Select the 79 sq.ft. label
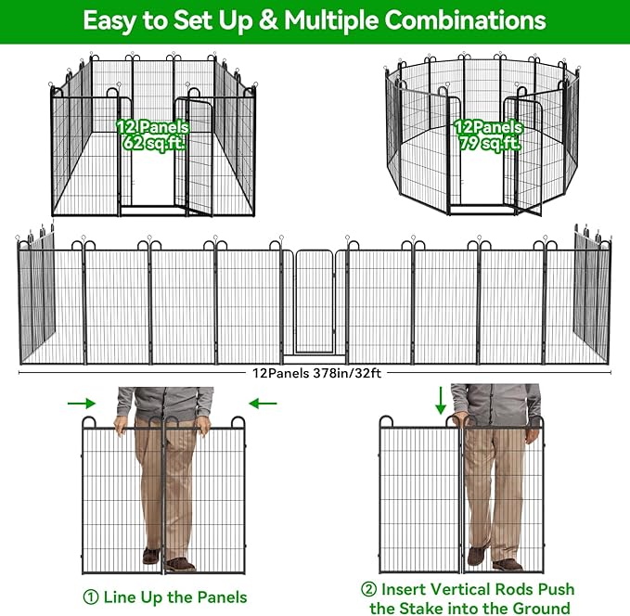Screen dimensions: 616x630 (x=489, y=143)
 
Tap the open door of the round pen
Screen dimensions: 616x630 (x=522, y=158)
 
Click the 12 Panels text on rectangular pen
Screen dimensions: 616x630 (x=152, y=126)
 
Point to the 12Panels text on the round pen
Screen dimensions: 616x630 (x=488, y=126)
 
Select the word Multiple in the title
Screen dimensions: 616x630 (x=333, y=20)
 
